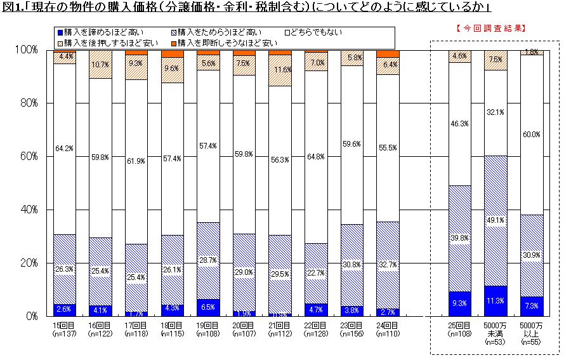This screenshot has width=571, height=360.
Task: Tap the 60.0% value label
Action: (x=531, y=135)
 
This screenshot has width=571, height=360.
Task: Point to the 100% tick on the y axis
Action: (x=26, y=50)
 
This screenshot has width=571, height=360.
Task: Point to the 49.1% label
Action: (x=495, y=221)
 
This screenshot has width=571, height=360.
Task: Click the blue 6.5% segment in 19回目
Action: (x=207, y=307)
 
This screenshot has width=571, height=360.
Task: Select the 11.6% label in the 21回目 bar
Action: (x=280, y=69)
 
